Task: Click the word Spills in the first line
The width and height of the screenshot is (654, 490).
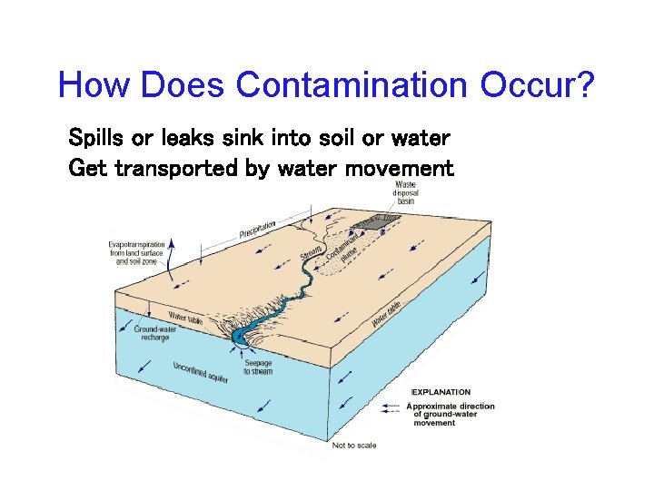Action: pos(97,139)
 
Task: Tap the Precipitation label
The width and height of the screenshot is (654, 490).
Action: pos(270,225)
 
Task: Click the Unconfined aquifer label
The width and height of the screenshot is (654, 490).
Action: pos(201,371)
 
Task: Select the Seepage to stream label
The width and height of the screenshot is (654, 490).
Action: pos(259,367)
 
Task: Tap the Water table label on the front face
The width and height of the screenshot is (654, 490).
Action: pos(184,318)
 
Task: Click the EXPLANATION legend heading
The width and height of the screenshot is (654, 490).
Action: pos(441,392)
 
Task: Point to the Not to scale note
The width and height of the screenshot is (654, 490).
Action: pos(353,446)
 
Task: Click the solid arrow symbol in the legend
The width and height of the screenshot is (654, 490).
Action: pos(393,406)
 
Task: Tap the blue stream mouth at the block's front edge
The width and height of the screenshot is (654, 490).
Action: pos(239,337)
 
